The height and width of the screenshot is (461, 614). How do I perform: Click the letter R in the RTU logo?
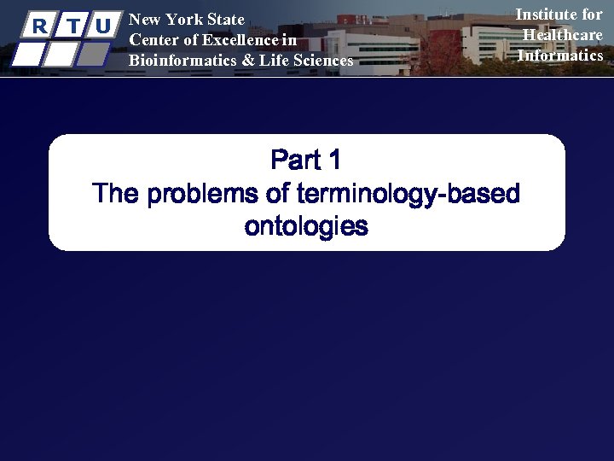click(38, 26)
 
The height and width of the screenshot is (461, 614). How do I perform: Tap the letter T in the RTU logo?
click(72, 26)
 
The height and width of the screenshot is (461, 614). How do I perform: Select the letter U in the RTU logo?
click(103, 26)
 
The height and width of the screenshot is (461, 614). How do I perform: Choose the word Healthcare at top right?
click(562, 34)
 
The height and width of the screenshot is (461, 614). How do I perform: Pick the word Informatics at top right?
click(560, 55)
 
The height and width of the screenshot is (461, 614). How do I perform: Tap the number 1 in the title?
click(334, 160)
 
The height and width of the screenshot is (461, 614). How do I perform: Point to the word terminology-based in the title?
click(408, 194)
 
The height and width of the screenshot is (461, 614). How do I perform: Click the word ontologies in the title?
click(306, 227)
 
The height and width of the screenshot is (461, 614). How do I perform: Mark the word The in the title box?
click(116, 194)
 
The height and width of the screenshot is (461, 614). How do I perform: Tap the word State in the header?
click(226, 20)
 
